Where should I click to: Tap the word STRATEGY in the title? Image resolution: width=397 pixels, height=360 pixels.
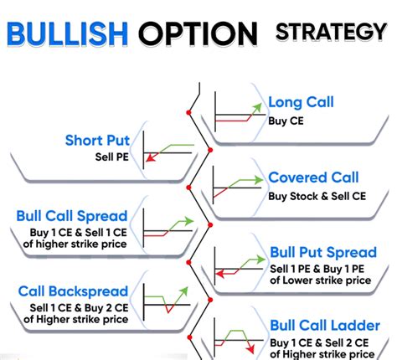click(331, 31)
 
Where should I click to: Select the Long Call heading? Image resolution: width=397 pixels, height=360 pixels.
click(301, 103)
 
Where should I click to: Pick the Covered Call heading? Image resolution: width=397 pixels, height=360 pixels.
click(313, 177)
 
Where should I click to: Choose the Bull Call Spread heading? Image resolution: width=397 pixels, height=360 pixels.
click(71, 216)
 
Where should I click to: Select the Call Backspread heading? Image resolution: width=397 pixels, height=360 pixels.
click(71, 291)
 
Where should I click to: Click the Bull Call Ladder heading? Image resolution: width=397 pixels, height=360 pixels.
click(322, 324)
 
